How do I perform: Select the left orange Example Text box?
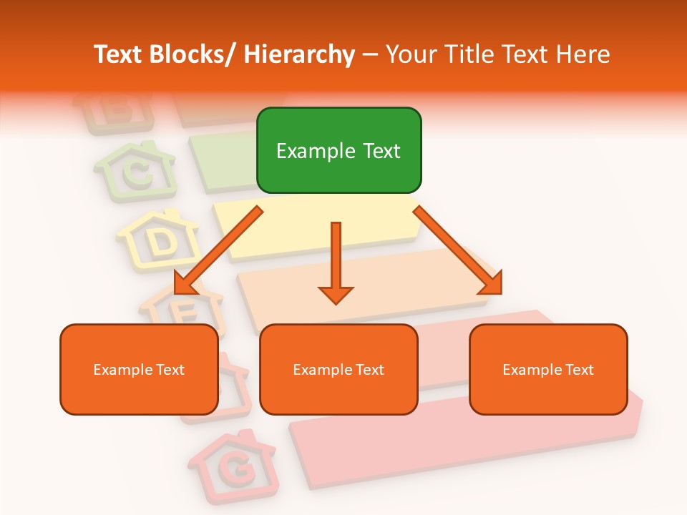pos(139,369)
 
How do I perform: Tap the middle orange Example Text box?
pos(338,369)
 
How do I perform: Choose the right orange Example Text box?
pos(548,369)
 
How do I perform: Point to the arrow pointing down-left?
pos(218,250)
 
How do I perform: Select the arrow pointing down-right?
pos(458,250)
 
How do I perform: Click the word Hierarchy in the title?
pos(298,55)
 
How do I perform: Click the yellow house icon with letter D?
pos(160,240)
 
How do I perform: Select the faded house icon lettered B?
pos(114,111)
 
